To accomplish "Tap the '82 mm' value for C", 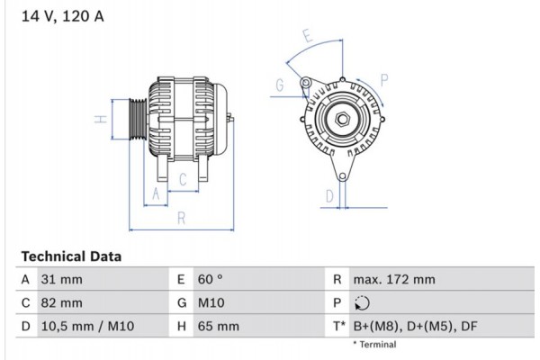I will click(63, 302).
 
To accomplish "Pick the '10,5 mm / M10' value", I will click(88, 326).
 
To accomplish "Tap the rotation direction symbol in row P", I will click(363, 303).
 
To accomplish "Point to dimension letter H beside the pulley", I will click(102, 119).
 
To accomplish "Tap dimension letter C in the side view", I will click(182, 180).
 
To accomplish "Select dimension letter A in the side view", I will click(155, 193).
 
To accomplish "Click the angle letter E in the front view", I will click(307, 38).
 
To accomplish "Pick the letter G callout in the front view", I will click(280, 85).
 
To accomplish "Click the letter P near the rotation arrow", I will click(384, 80).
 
